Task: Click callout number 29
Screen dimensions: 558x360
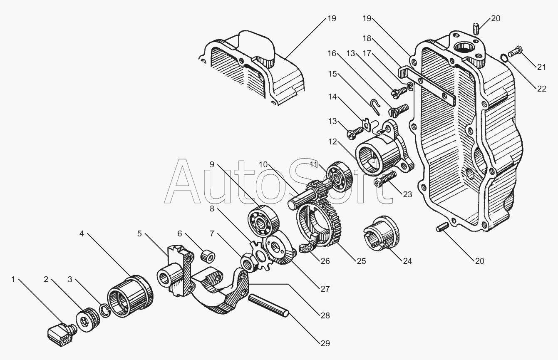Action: pyautogui.click(x=325, y=343)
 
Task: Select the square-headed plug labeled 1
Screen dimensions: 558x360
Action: pyautogui.click(x=62, y=334)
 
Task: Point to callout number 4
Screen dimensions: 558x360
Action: pyautogui.click(x=82, y=233)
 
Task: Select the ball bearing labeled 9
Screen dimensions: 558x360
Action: pyautogui.click(x=263, y=221)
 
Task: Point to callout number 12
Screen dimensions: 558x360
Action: pyautogui.click(x=332, y=142)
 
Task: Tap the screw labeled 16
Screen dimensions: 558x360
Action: pyautogui.click(x=399, y=110)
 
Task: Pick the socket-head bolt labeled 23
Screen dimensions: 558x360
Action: pyautogui.click(x=385, y=179)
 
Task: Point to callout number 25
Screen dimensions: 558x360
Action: pyautogui.click(x=362, y=261)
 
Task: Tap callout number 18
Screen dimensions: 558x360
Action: pyautogui.click(x=367, y=38)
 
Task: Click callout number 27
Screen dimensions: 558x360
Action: pyautogui.click(x=325, y=289)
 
